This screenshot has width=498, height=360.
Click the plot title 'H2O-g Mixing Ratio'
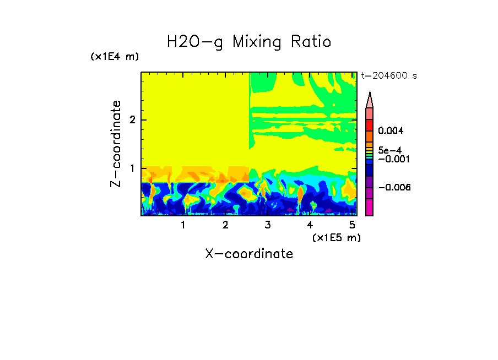[x=249, y=42]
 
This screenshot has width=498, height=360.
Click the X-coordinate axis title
[x=249, y=254]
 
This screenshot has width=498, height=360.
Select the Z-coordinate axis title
[x=116, y=144]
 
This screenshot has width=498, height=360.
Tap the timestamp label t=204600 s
[x=388, y=76]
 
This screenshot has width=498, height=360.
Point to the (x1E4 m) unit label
[x=115, y=57]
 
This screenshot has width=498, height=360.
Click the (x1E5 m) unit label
[x=335, y=237]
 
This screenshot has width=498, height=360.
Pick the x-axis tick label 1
[x=183, y=225]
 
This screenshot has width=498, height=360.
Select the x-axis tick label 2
[x=225, y=225]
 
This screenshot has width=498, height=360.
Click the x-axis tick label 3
[x=267, y=225]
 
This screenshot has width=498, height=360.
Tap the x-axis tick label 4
[x=310, y=225]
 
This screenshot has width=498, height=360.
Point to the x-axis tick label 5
[x=351, y=225]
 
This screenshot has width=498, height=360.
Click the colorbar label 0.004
[x=391, y=131]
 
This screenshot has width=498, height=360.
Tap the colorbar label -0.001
[x=392, y=159]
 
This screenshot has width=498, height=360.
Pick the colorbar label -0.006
[x=392, y=188]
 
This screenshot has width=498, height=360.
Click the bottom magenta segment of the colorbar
[x=369, y=207]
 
